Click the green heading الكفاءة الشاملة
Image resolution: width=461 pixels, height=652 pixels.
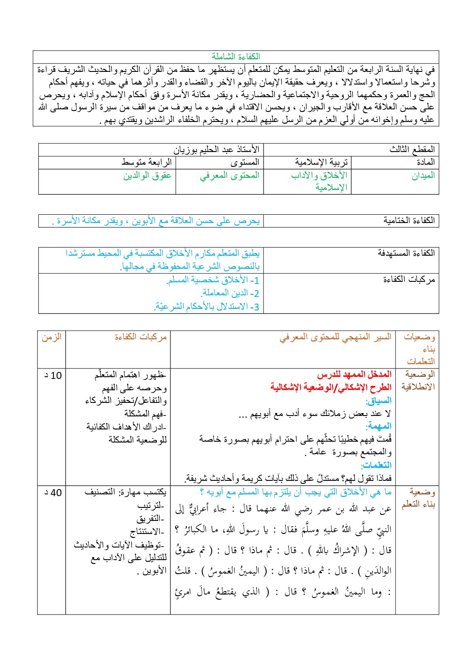point(236,57)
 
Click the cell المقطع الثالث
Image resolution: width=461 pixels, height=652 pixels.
point(412,149)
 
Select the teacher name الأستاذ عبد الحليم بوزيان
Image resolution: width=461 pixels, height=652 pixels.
point(217,149)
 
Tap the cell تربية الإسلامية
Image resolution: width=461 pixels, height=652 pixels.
point(321,162)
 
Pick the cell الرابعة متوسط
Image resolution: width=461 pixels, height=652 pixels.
point(146,162)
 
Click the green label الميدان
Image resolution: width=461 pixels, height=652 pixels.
point(423,176)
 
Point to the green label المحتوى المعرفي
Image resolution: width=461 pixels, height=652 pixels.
point(230,176)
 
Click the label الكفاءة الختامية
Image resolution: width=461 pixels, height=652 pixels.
point(409,220)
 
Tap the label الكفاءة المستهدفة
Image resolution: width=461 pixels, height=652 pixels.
point(406,253)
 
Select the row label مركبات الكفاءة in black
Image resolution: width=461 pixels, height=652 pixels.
point(409,280)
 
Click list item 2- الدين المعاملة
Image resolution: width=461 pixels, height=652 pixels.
point(230,293)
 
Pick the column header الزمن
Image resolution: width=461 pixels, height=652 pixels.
point(51,337)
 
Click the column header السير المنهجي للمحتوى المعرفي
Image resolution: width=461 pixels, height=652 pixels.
point(335,337)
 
